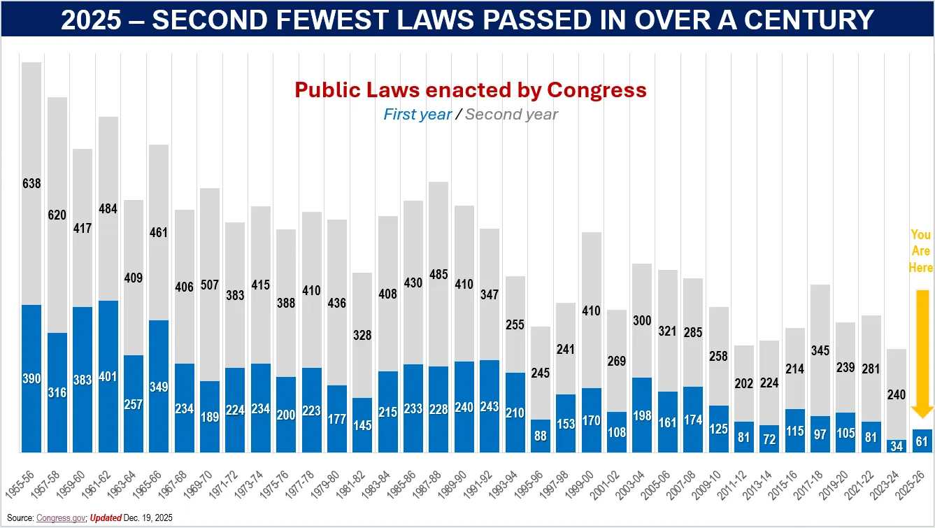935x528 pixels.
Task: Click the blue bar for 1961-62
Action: [x=108, y=376]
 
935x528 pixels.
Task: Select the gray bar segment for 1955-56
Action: [x=31, y=183]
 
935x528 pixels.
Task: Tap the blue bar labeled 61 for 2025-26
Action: [x=922, y=441]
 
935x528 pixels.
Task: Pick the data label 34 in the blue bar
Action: [x=897, y=446]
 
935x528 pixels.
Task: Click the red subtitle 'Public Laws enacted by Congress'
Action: [x=470, y=90]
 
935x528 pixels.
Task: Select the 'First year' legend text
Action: [x=417, y=114]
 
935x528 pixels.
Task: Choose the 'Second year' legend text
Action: [x=511, y=114]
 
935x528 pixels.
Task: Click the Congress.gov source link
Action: [x=61, y=518]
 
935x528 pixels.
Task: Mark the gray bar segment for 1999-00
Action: [x=591, y=310]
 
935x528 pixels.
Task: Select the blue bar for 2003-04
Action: [x=642, y=415]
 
